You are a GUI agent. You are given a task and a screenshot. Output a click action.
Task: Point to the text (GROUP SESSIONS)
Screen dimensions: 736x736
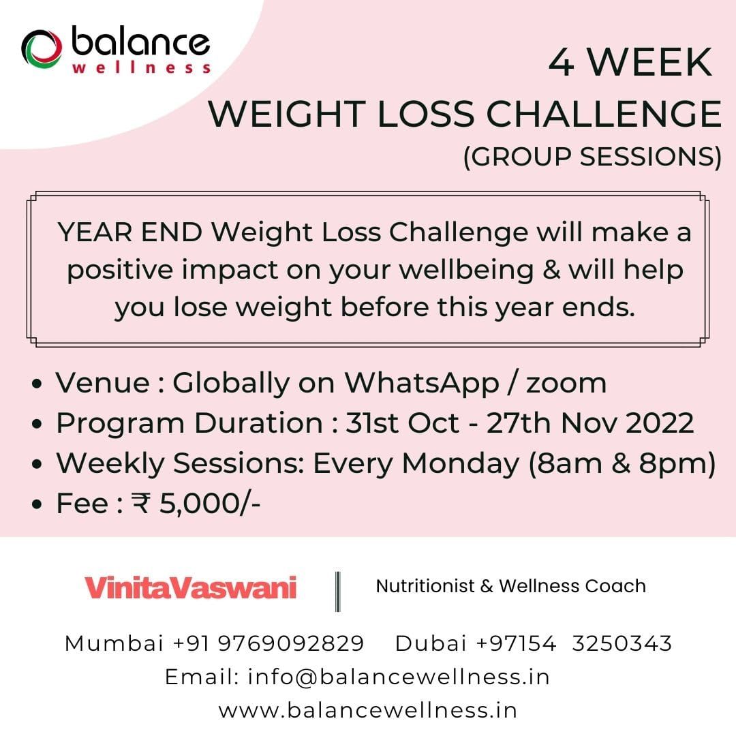[592, 156]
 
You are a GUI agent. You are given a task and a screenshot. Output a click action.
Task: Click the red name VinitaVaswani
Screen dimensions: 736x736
[191, 587]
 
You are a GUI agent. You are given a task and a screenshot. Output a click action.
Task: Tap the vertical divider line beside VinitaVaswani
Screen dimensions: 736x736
[338, 591]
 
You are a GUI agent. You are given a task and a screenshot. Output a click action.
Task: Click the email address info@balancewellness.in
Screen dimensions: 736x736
[399, 677]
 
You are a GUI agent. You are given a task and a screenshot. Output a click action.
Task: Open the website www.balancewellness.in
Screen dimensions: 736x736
[368, 710]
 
